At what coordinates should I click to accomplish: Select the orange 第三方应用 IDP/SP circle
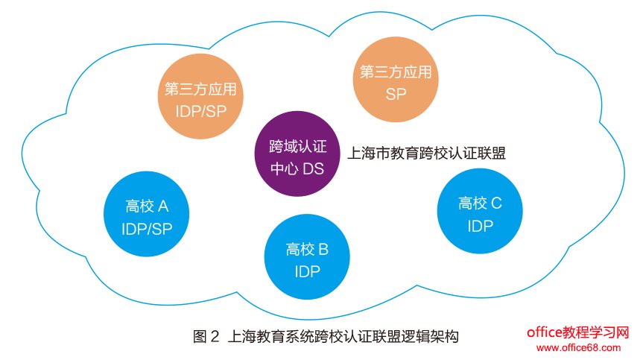coord(200,100)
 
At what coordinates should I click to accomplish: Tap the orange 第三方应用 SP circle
coord(396,82)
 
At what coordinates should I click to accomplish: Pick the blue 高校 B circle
coord(307,259)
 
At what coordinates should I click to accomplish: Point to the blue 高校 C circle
coord(480,212)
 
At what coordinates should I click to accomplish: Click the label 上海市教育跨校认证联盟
coord(427,154)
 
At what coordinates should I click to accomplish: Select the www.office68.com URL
coord(578,347)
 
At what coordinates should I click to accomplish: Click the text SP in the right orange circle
coord(396,95)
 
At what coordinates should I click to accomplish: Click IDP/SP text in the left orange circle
coord(200,112)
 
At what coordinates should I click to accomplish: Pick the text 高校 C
coord(480,202)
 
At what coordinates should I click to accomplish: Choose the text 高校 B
coord(307,248)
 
